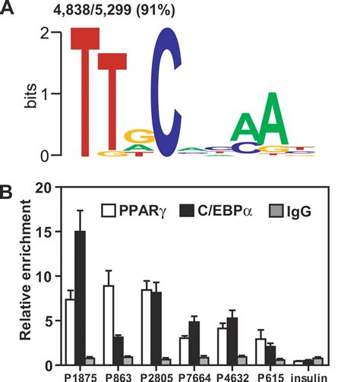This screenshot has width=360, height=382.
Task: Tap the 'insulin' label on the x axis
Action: click(317, 374)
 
